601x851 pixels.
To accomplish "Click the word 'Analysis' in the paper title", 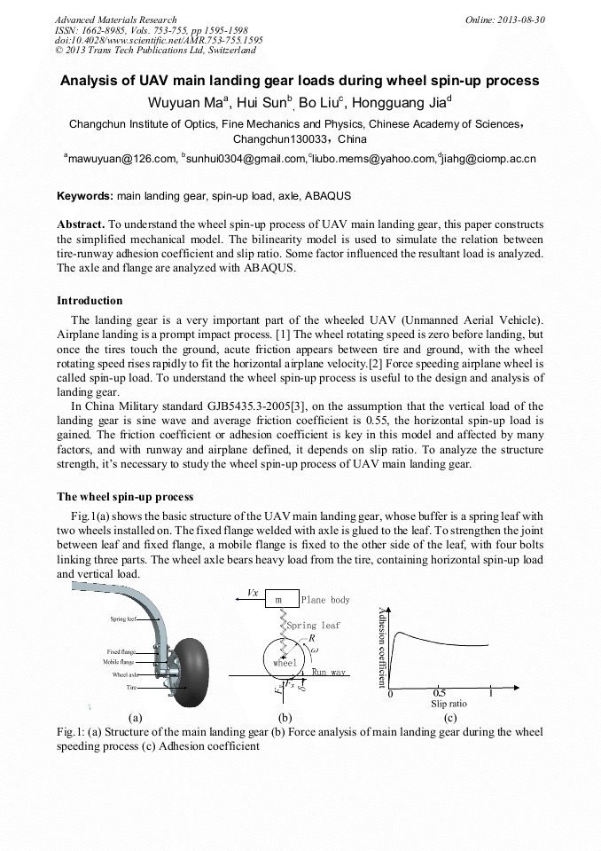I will point(91,81).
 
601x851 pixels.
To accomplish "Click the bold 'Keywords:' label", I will point(85,195).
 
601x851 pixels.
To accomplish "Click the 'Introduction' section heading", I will point(90,301).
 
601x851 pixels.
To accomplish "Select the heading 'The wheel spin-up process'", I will point(125,496).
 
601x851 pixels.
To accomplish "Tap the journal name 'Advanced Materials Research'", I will point(115,20).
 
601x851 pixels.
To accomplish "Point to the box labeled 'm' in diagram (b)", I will point(279,600).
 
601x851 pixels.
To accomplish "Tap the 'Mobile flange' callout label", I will point(117,662).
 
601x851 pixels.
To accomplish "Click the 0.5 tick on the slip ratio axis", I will point(440,694).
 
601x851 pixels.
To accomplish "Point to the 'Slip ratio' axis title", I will point(449,704).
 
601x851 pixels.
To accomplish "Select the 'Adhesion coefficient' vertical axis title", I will point(382,645).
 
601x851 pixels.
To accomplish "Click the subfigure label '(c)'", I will point(449,717).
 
